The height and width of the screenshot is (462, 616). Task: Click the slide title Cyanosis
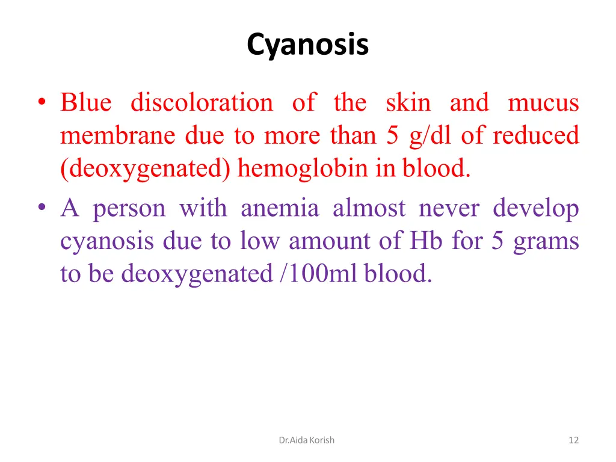(x=307, y=45)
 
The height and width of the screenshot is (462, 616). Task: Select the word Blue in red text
(x=85, y=103)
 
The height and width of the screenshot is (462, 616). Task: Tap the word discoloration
(x=202, y=103)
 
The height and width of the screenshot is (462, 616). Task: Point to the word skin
(x=408, y=103)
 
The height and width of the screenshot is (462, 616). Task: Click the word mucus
(x=543, y=103)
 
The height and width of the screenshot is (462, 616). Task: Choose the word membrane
(x=118, y=136)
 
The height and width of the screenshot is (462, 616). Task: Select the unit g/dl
(x=431, y=136)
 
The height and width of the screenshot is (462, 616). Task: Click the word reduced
(x=535, y=136)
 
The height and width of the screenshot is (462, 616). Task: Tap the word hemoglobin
(x=303, y=169)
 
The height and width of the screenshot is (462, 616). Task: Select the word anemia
(x=279, y=209)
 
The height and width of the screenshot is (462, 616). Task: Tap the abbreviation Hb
(x=426, y=241)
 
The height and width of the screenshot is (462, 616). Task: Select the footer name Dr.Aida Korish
(x=307, y=440)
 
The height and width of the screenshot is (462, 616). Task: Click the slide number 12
(x=573, y=440)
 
